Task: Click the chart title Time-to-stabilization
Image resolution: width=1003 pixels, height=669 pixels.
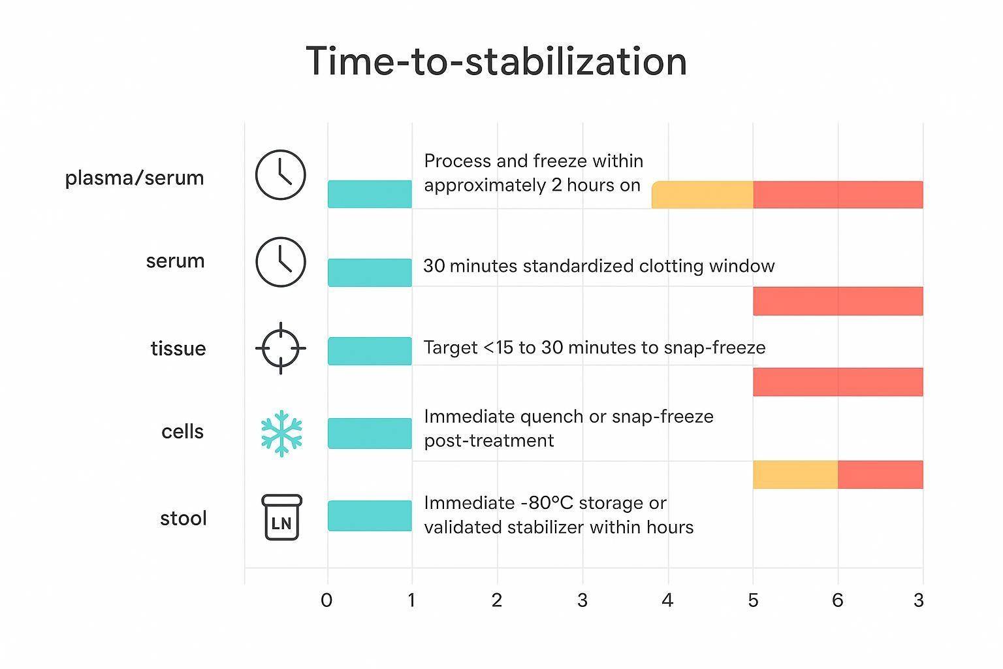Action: [x=496, y=61]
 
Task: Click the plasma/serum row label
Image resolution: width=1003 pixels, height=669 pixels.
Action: [x=135, y=178]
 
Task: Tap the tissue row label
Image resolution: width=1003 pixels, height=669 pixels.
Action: [x=178, y=348]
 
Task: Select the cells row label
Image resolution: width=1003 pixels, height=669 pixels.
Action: [x=183, y=431]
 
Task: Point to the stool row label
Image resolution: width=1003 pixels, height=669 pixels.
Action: [x=183, y=518]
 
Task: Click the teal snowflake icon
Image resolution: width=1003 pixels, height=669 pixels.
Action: [x=281, y=433]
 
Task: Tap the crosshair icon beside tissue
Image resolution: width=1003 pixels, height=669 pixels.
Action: [x=281, y=348]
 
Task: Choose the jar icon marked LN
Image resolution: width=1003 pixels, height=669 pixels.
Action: [x=281, y=517]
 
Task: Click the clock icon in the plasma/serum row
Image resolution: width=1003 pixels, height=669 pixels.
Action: [x=280, y=175]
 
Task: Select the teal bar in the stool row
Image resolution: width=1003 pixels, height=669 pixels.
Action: [x=370, y=515]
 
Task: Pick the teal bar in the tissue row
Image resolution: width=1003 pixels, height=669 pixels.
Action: [x=370, y=351]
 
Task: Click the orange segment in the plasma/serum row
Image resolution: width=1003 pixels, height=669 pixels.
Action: [x=703, y=195]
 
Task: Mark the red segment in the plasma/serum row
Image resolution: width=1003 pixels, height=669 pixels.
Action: [x=838, y=195]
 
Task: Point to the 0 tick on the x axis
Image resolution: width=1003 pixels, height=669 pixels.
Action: [x=326, y=600]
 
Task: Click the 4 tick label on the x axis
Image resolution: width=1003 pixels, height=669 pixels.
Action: [x=667, y=600]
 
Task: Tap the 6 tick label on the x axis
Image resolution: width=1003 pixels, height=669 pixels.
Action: [x=838, y=600]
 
